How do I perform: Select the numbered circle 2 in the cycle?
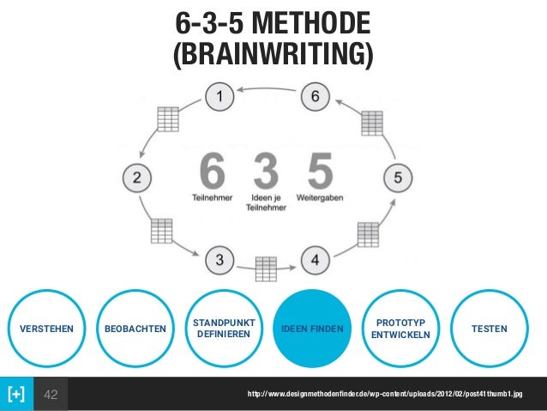click(x=135, y=178)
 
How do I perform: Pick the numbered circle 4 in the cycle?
click(x=316, y=258)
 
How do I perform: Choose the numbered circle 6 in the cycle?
click(x=316, y=97)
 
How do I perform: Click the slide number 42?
click(x=52, y=394)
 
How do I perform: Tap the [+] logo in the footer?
click(x=16, y=394)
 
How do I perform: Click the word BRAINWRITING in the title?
click(x=273, y=54)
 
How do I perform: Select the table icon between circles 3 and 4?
click(x=267, y=269)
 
